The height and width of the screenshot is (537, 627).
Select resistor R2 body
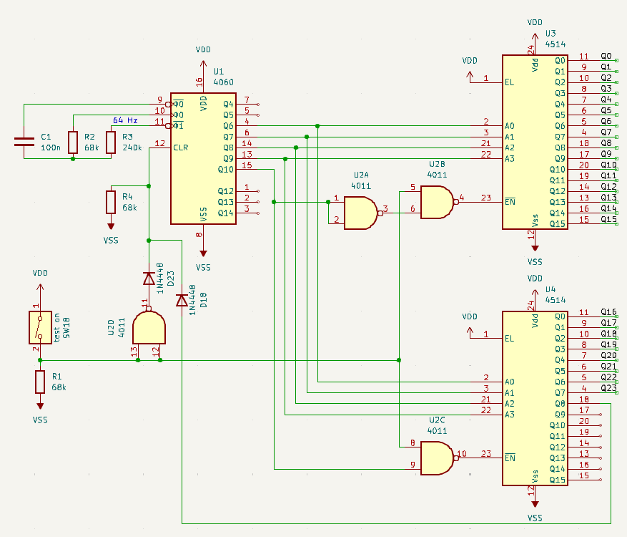(73, 142)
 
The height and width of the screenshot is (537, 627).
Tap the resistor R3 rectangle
(111, 142)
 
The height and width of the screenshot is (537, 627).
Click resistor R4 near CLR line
(111, 202)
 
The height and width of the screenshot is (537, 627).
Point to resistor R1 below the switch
(40, 382)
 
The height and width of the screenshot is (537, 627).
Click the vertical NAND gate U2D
(149, 329)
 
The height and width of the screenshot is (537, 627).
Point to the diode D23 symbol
(149, 278)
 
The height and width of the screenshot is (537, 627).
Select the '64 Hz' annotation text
(125, 120)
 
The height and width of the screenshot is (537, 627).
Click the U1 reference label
(219, 72)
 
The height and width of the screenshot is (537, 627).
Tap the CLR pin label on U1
(181, 147)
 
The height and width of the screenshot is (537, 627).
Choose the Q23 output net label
(608, 388)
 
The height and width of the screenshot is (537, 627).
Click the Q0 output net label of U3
(606, 56)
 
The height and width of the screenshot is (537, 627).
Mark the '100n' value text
(50, 147)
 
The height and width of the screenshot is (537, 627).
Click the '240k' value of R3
(132, 147)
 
